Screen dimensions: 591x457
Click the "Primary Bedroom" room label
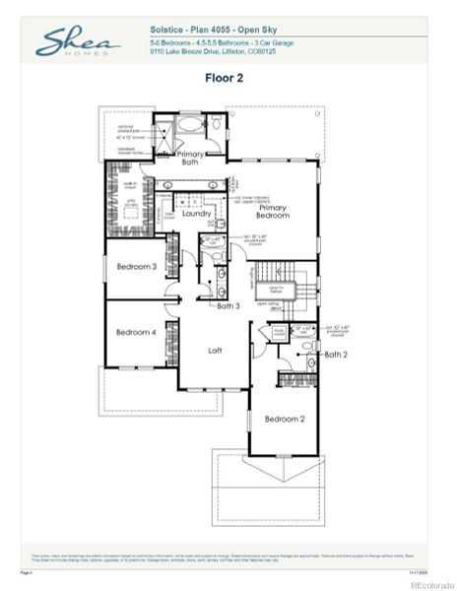click(x=279, y=214)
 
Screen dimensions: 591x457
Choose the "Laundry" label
click(x=198, y=213)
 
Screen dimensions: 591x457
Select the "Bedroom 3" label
click(x=137, y=267)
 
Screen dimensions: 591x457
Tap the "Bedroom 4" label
click(x=136, y=333)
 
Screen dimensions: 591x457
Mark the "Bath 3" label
click(x=228, y=306)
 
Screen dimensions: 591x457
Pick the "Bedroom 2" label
click(x=284, y=420)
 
